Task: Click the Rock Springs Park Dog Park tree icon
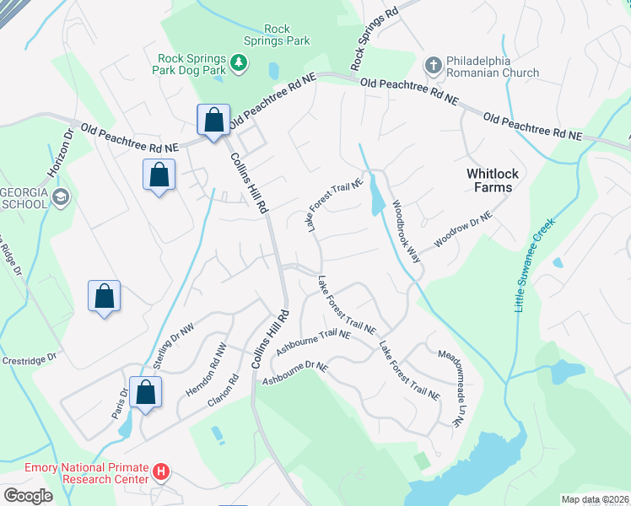point(240,62)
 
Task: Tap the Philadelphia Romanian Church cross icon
point(433,65)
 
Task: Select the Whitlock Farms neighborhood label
point(489,180)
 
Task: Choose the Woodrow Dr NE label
point(462,230)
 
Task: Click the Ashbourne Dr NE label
point(294,370)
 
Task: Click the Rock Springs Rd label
point(374,40)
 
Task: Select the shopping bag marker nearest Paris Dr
point(146,392)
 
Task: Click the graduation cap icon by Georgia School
point(60,196)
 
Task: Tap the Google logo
point(28,495)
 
